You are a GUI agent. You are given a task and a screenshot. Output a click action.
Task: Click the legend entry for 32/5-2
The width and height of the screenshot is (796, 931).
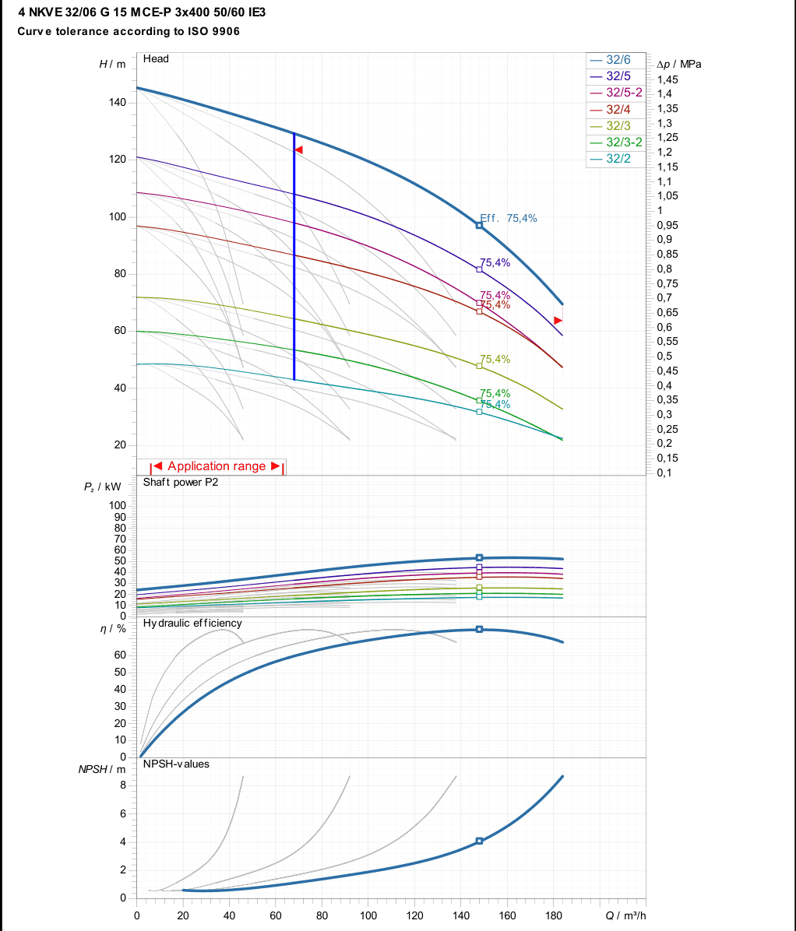click(616, 93)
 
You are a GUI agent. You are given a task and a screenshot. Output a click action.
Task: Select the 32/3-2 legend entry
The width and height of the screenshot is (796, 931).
click(616, 142)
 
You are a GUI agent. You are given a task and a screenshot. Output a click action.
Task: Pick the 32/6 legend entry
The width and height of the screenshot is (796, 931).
click(610, 60)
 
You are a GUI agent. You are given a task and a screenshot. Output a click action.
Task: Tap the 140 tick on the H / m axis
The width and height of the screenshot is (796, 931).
click(118, 102)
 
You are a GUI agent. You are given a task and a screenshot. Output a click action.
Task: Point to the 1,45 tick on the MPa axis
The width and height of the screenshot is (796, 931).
click(667, 79)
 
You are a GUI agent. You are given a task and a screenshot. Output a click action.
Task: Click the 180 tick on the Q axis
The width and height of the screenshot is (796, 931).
click(554, 915)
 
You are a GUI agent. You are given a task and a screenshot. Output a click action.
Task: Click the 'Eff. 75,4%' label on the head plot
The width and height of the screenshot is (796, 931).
click(509, 219)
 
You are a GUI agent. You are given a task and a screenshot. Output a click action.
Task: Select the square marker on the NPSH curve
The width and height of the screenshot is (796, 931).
click(479, 841)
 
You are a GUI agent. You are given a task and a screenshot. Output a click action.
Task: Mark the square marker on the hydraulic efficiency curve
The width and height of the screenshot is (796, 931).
click(479, 629)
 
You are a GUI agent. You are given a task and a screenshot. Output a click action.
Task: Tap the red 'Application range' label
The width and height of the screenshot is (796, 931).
click(217, 466)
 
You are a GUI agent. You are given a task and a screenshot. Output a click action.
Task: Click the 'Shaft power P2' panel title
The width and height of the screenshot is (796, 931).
click(181, 482)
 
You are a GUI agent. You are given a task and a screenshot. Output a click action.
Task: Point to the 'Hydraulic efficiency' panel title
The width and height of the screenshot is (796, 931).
click(192, 623)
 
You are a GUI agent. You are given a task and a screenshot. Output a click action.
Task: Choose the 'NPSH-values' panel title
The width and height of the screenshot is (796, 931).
click(177, 764)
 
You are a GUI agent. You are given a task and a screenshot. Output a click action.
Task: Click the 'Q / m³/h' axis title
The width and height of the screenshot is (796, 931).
click(625, 915)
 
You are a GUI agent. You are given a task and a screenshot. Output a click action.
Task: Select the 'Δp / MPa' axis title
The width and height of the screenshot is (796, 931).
click(679, 64)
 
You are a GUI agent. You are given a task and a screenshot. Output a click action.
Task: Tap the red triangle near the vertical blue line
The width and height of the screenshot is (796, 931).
click(299, 149)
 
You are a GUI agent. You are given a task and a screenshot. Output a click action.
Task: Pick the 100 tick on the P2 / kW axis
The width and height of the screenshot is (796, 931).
click(118, 505)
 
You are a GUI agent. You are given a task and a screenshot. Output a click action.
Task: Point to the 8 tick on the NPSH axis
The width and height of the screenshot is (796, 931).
click(123, 785)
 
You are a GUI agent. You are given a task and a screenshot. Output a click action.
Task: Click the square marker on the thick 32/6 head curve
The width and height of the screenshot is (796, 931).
click(479, 226)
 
